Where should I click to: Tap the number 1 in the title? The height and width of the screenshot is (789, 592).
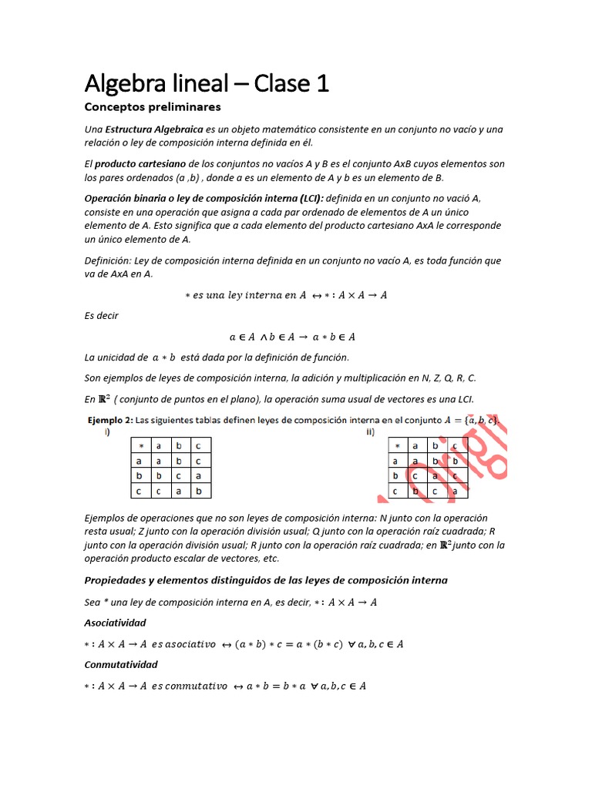(x=321, y=82)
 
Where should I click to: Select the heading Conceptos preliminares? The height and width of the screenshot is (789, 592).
(x=152, y=106)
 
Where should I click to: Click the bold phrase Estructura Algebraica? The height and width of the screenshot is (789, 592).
(x=154, y=129)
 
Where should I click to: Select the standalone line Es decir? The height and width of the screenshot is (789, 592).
(x=102, y=316)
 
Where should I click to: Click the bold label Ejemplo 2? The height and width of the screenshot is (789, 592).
(x=107, y=420)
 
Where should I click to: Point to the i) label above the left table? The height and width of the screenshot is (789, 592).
(x=107, y=432)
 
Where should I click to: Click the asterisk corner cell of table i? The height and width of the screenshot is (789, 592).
(x=141, y=446)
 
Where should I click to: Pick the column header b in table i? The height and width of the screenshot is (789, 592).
(x=180, y=446)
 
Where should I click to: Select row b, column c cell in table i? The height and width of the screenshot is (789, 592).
(x=200, y=475)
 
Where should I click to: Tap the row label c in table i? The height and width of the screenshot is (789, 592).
(x=141, y=490)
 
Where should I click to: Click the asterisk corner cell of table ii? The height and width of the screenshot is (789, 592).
(x=396, y=446)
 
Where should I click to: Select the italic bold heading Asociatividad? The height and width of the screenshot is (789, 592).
(x=115, y=622)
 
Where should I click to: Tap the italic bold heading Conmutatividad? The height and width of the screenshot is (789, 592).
(x=120, y=664)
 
